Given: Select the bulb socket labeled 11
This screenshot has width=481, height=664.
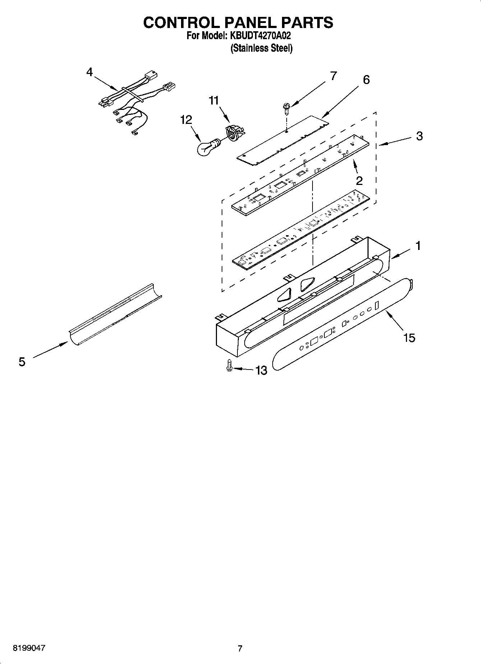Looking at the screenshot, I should [x=234, y=133].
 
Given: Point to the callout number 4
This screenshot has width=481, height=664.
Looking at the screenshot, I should [x=89, y=72].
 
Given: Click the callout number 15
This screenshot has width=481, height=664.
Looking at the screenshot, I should [x=409, y=338].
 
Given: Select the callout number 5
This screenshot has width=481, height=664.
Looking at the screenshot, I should [x=22, y=362].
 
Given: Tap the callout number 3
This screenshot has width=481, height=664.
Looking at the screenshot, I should [x=419, y=136].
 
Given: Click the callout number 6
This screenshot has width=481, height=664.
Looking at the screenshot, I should [x=366, y=80].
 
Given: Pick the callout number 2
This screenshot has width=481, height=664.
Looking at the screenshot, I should [x=359, y=180].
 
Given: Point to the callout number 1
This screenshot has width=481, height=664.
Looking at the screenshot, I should [x=418, y=246].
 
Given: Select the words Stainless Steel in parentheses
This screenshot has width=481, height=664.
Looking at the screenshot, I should [x=261, y=48].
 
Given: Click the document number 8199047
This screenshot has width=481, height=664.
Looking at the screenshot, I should [x=29, y=648].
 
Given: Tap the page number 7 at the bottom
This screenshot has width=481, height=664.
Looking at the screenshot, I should [x=240, y=648].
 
